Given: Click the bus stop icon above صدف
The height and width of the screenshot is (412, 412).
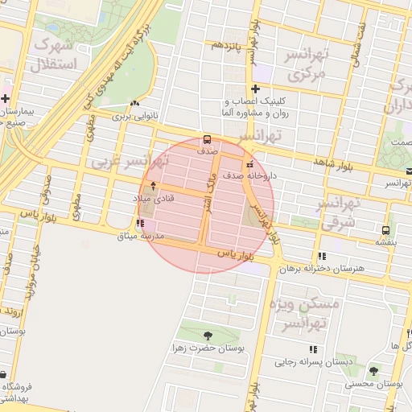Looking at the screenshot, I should pos(208,138).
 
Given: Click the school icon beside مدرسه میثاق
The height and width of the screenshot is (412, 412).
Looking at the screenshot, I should pos(140,223).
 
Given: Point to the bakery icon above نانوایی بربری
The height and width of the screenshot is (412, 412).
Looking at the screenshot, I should pos(135,103).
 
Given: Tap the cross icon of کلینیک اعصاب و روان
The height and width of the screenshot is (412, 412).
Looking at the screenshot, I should pos(255,89).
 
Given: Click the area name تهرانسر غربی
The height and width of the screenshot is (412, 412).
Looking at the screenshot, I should pos(121,162).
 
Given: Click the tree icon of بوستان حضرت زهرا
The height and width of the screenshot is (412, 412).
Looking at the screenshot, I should pos(208,336).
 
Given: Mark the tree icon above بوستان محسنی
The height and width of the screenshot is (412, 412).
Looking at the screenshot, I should pos(373,371).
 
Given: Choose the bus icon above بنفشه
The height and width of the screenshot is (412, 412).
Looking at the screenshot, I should pos(383,228).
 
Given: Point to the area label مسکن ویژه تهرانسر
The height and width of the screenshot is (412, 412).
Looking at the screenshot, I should pos(313,314).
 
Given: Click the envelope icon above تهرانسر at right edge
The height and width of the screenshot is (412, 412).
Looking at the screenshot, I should pos(409,171).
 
